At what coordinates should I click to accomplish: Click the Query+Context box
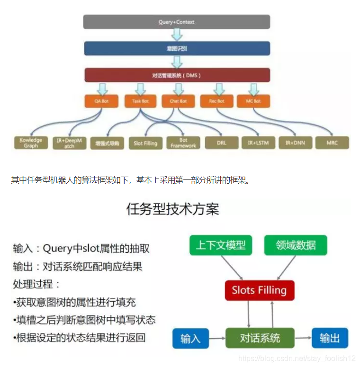[176, 22]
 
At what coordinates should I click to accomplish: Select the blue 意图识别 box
[176, 48]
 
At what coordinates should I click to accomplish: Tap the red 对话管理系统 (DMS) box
[176, 75]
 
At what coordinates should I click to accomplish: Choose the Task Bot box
[140, 101]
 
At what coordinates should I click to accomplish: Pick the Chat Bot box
[178, 101]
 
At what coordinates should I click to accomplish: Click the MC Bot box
[253, 101]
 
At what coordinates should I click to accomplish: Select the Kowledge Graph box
[31, 143]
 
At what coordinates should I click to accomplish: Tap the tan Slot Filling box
[145, 143]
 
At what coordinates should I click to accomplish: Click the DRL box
[222, 143]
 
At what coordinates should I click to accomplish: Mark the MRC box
[332, 143]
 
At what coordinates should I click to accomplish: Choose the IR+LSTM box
[258, 143]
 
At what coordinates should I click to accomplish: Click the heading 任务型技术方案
[173, 209]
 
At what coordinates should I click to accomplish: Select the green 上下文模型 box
[221, 245]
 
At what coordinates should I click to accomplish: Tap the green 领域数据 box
[296, 245]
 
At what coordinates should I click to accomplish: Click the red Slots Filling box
[259, 290]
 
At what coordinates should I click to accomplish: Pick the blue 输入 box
[190, 338]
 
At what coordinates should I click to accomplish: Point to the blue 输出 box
[330, 338]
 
